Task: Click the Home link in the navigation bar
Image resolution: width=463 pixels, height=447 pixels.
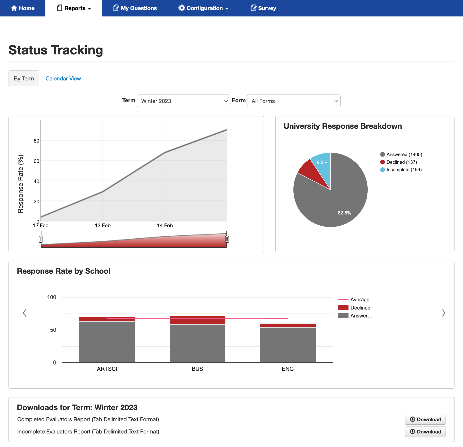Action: tap(23, 8)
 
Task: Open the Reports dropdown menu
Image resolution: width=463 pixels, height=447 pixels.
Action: tap(74, 8)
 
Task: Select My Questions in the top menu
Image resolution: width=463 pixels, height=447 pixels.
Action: tap(135, 8)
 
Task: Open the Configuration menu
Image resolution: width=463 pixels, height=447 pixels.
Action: tap(203, 8)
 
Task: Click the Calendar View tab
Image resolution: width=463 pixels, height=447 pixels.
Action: tap(63, 79)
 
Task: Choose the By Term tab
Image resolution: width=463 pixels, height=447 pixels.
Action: tap(24, 79)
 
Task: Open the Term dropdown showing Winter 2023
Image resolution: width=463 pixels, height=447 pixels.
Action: tap(183, 101)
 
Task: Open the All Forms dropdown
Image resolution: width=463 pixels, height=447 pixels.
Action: tap(294, 101)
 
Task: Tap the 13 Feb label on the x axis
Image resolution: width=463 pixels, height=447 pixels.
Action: tap(103, 226)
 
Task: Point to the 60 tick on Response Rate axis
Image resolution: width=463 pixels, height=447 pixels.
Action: tap(36, 161)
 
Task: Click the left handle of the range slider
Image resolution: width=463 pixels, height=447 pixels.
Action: tap(41, 239)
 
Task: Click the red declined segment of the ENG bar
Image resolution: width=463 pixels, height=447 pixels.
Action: tap(288, 325)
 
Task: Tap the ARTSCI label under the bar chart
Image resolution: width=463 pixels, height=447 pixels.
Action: tap(107, 369)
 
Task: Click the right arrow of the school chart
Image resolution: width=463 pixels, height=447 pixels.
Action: tap(444, 313)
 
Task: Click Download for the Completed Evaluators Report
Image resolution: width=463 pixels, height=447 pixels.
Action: tap(425, 419)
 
